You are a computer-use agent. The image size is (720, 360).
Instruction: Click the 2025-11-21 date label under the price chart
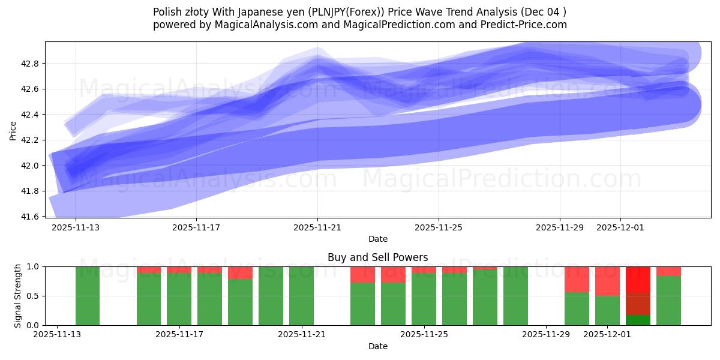point(317,228)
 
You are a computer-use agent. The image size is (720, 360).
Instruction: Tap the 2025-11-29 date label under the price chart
point(559,228)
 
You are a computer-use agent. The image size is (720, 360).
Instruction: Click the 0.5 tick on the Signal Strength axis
point(33,296)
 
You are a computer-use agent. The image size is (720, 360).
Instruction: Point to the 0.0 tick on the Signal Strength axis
point(33,325)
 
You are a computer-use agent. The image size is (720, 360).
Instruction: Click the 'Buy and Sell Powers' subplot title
point(377,257)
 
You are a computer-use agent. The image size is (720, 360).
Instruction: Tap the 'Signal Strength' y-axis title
point(18,296)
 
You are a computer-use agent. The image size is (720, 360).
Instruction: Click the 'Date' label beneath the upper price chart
point(377,239)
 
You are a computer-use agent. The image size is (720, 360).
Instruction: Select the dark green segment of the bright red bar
point(638,320)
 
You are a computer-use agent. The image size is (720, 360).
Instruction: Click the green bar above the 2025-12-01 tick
point(607,310)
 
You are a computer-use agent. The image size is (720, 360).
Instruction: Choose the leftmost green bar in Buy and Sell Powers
point(88,296)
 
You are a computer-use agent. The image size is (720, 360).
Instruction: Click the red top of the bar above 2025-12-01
point(607,281)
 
